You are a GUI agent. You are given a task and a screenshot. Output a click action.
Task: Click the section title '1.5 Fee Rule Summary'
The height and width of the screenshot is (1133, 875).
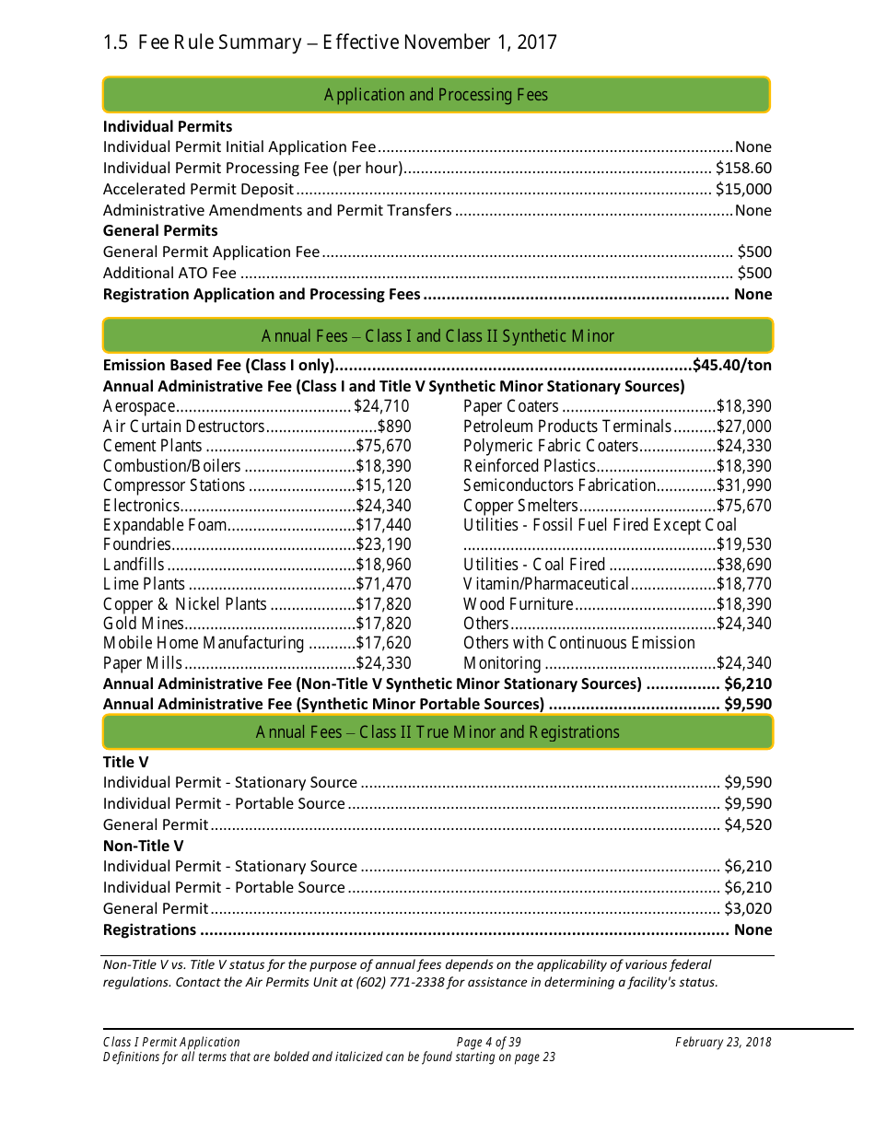202,42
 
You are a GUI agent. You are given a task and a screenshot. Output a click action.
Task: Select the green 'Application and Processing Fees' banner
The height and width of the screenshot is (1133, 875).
436,95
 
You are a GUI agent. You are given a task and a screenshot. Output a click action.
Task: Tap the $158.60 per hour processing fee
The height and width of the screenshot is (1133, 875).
743,168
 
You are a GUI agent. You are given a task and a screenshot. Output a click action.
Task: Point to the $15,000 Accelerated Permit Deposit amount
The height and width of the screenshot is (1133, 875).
743,189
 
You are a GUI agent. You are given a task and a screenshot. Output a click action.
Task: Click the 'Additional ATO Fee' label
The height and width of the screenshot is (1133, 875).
169,273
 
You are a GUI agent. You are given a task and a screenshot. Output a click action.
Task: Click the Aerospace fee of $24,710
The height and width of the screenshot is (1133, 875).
382,406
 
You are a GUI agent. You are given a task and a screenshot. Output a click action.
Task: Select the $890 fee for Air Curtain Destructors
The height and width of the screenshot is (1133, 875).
394,426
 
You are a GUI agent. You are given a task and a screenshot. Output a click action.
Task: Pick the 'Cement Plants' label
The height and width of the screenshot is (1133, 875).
152,446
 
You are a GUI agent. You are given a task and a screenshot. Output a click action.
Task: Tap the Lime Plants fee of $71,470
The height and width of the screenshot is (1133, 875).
383,584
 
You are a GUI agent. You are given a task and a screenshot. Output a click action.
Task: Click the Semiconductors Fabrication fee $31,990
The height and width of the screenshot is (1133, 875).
744,485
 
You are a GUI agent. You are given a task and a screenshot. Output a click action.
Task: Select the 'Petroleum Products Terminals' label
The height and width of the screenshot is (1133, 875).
567,426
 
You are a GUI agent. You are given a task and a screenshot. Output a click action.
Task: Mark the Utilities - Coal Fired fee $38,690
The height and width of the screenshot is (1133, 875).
744,565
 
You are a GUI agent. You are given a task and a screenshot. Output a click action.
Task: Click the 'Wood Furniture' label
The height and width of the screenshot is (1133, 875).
519,604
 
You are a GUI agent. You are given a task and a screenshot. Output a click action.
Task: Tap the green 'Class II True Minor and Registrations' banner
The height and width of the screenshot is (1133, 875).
437,732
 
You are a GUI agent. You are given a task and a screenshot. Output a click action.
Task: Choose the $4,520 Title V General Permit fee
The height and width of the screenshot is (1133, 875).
747,824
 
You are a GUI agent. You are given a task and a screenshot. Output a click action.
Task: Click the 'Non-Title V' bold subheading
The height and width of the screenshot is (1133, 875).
143,846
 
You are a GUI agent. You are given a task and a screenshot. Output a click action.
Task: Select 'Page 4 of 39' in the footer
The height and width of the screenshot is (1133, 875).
488,1043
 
